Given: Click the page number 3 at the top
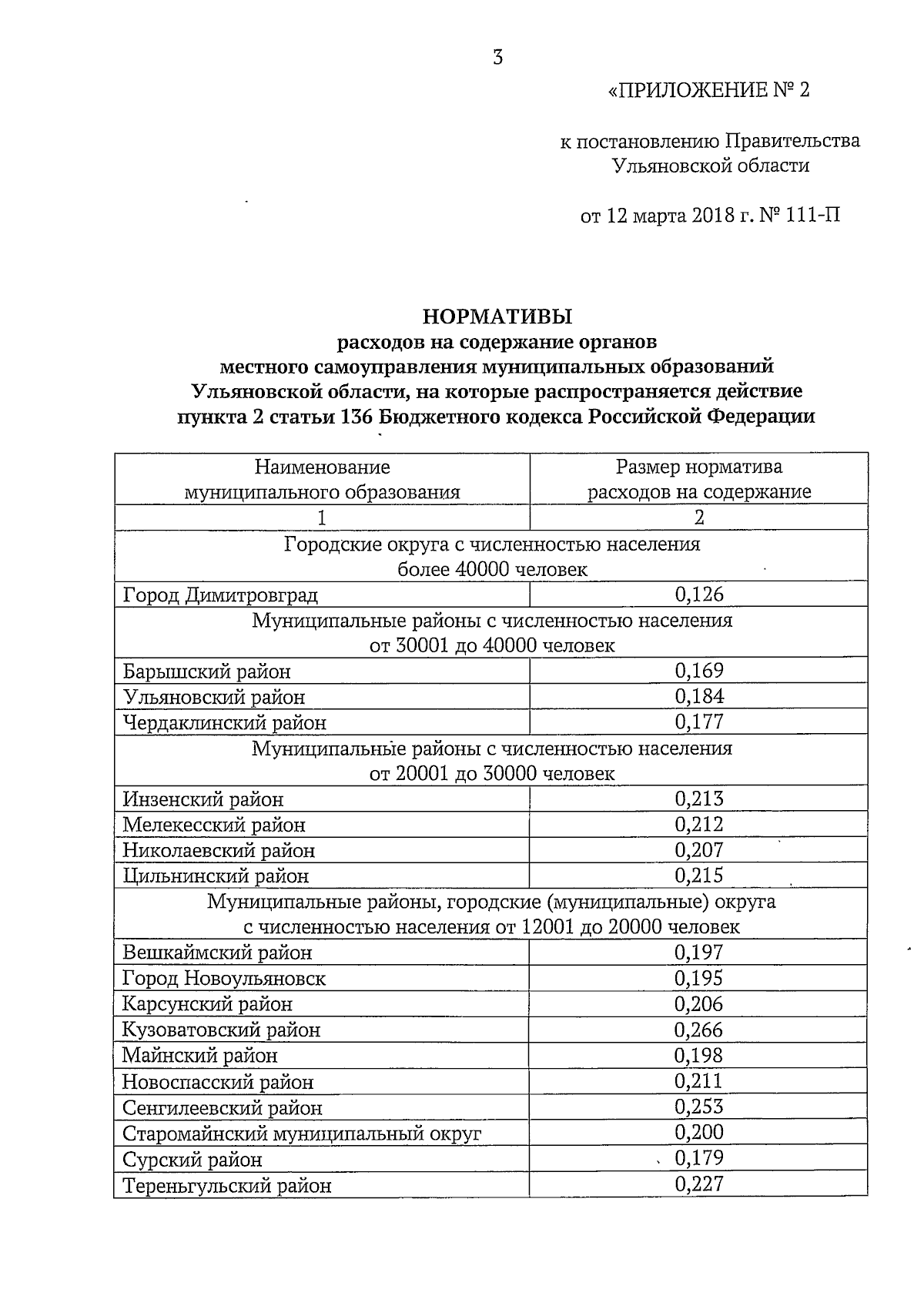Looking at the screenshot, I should tap(498, 58).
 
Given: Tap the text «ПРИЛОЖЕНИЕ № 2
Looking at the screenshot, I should tap(709, 91).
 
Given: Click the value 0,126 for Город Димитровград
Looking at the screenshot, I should tap(699, 594).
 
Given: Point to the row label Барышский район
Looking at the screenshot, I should tap(206, 671).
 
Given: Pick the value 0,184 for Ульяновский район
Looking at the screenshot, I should tap(699, 697).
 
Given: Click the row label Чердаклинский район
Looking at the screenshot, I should tap(224, 723).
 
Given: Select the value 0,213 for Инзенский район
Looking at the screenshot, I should tap(699, 799).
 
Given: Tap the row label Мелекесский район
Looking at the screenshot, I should tap(214, 825).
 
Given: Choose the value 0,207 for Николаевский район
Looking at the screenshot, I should tap(699, 851).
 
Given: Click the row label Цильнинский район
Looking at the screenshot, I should tap(216, 876).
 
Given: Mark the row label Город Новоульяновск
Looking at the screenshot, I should tap(224, 979).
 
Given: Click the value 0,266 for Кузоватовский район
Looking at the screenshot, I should tap(699, 1030).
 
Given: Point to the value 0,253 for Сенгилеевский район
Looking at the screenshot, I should tap(699, 1107).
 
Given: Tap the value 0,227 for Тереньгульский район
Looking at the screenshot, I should tap(699, 1184).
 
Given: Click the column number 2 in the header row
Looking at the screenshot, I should tap(699, 517).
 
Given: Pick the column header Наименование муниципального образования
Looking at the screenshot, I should tap(322, 480).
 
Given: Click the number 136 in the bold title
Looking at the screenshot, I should tap(356, 417).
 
